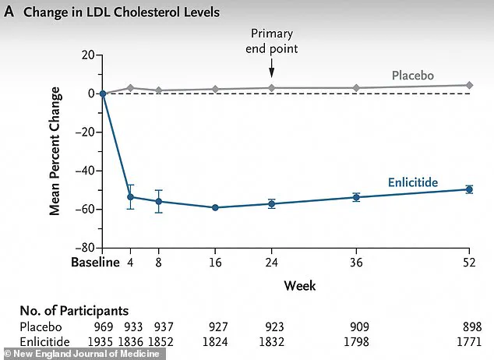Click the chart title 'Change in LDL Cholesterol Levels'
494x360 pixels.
coord(122,12)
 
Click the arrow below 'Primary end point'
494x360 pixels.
coord(271,69)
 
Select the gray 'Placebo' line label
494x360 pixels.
coord(412,76)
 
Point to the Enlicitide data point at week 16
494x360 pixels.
coord(214,207)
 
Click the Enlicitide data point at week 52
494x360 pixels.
coord(469,189)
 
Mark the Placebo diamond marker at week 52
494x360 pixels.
coord(469,85)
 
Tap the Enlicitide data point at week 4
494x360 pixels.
coord(130,197)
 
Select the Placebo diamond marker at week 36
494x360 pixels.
coord(356,88)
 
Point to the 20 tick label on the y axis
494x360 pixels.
coord(86,55)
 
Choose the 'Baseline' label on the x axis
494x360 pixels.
coord(94,263)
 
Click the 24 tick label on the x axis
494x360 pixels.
coord(271,263)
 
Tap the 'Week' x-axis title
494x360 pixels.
coord(299,285)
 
